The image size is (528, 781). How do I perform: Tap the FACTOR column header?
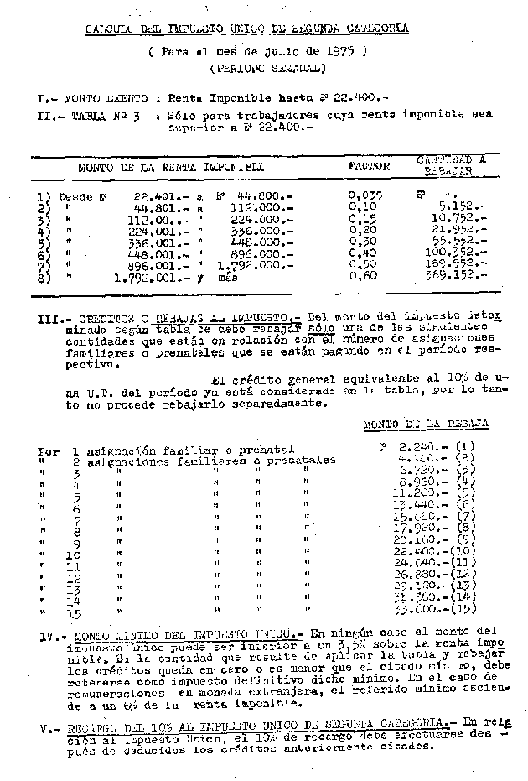coord(369,166)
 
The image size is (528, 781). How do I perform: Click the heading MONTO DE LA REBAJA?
coord(425,425)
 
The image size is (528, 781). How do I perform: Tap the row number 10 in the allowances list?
coord(72,555)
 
